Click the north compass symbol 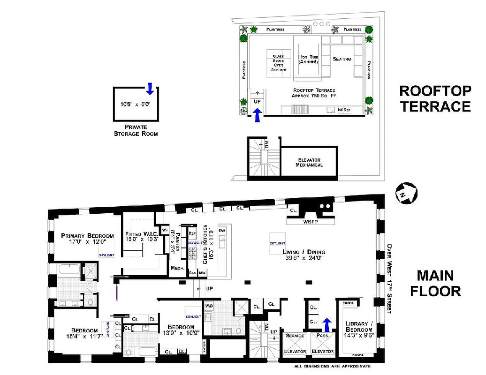[x=407, y=193]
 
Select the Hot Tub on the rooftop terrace [x=308, y=60]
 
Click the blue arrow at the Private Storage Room [x=150, y=88]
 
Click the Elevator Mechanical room [x=309, y=162]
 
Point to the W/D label [x=208, y=306]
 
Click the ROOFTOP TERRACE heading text [x=434, y=98]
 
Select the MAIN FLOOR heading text [x=435, y=283]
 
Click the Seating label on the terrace [x=342, y=59]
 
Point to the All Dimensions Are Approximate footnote [x=333, y=367]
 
